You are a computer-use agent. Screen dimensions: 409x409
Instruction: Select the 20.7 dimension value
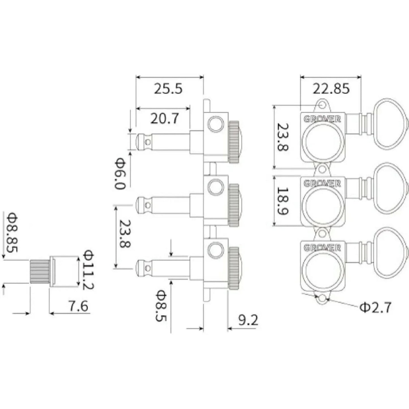tap(164, 118)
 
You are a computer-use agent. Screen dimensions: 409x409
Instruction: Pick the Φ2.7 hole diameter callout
tap(375, 307)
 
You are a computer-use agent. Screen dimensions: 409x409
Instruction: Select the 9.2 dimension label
tap(248, 320)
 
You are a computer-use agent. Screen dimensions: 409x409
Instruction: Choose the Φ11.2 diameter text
tap(88, 270)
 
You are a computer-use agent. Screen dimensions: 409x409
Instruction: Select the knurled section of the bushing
tap(40, 271)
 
